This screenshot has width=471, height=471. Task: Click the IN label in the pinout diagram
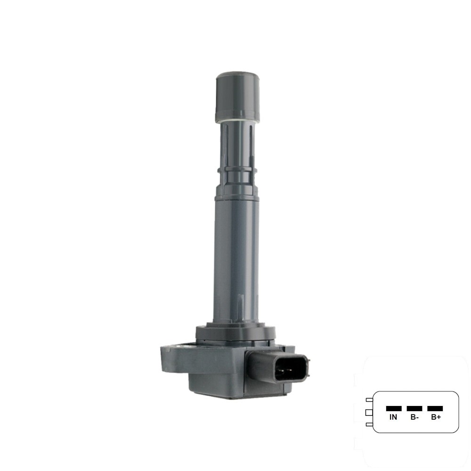[x=393, y=417]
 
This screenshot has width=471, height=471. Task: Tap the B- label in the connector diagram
[x=414, y=417]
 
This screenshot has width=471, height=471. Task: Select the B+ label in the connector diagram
[x=435, y=417]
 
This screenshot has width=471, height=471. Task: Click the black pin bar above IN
[x=393, y=408]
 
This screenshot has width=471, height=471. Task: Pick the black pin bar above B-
[x=414, y=408]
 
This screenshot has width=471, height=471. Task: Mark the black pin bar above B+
[x=435, y=408]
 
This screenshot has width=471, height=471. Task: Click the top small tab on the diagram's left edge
[x=369, y=400]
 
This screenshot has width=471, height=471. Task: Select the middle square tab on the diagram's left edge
[x=369, y=413]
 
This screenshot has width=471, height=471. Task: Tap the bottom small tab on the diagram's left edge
[x=369, y=425]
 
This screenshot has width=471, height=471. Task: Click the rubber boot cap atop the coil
[x=238, y=97]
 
